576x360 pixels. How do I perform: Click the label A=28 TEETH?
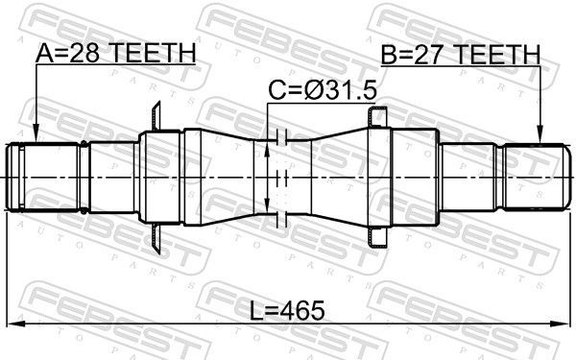click(114, 55)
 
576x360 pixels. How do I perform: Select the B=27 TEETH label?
click(460, 55)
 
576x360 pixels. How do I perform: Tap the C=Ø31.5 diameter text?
click(322, 92)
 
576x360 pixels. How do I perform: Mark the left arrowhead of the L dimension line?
click(13, 323)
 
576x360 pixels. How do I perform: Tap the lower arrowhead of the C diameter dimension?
click(267, 209)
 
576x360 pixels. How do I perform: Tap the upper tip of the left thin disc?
click(154, 106)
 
